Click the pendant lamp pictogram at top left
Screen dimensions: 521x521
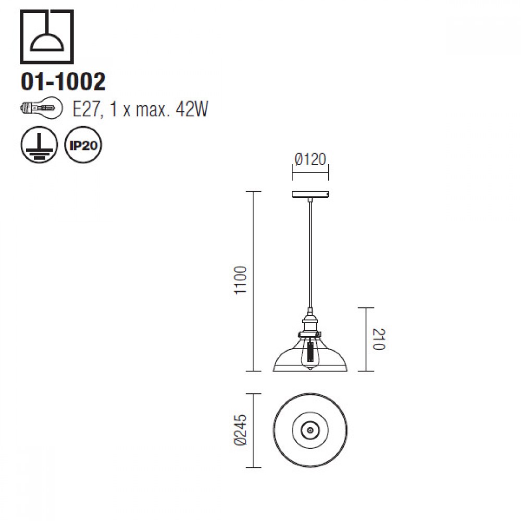tap(46, 36)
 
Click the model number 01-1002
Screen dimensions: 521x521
tap(63, 82)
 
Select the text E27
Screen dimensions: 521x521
tap(86, 108)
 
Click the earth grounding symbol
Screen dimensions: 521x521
tap(39, 144)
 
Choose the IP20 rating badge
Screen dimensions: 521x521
tap(83, 144)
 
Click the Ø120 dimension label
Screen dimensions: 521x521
tap(311, 159)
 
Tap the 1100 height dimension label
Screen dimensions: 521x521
tap(240, 280)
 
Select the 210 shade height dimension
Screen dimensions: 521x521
tap(378, 339)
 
